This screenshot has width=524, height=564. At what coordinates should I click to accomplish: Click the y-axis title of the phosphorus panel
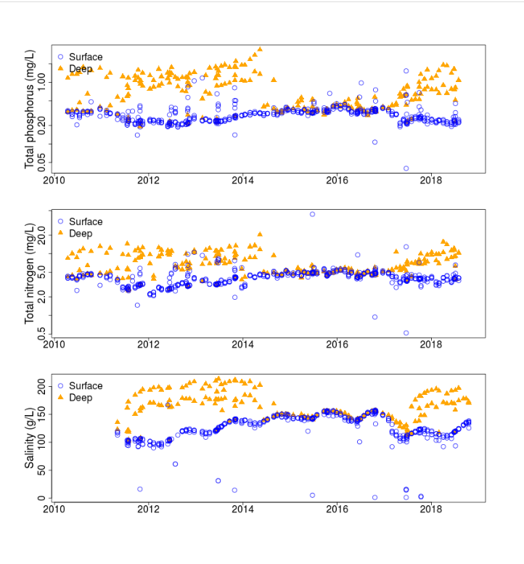30,110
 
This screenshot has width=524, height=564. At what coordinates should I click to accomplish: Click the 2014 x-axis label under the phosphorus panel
243,181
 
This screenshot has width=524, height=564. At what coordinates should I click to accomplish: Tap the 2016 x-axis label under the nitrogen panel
337,345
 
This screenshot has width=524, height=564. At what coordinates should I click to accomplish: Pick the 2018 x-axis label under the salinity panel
432,509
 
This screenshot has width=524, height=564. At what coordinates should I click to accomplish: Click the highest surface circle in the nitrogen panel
312,214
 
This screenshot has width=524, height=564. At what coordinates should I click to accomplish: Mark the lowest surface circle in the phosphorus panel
406,168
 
